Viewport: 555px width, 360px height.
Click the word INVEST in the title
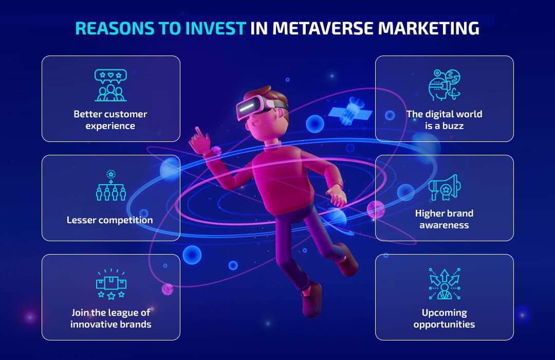pyautogui.click(x=216, y=28)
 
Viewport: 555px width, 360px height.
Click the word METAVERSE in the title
pyautogui.click(x=322, y=28)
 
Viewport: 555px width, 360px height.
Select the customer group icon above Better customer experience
pyautogui.click(x=111, y=85)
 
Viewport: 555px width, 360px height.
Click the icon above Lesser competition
pyautogui.click(x=111, y=185)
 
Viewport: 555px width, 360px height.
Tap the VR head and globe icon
pyautogui.click(x=444, y=85)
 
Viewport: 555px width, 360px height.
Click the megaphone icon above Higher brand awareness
pyautogui.click(x=445, y=187)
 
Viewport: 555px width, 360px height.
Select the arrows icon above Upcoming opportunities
pyautogui.click(x=445, y=284)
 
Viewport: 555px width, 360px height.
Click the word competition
pyautogui.click(x=126, y=221)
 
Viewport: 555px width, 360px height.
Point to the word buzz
pyautogui.click(x=453, y=126)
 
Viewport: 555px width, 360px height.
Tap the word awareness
pyautogui.click(x=444, y=225)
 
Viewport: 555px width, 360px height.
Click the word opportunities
pyautogui.click(x=444, y=325)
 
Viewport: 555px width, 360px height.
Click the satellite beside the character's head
pyautogui.click(x=350, y=111)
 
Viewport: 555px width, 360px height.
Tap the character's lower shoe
pyautogui.click(x=311, y=300)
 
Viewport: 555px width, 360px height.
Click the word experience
pyautogui.click(x=110, y=126)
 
